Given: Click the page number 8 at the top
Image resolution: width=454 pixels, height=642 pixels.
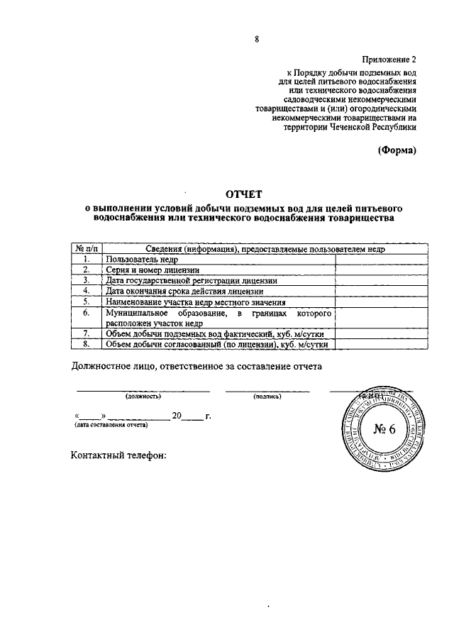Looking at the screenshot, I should (258, 40).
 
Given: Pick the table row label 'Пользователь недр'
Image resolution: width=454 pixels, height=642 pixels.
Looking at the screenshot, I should (142, 260).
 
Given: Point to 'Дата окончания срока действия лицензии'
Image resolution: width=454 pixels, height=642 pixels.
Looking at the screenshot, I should (184, 291).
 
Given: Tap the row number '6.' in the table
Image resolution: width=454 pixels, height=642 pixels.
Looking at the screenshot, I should (85, 312).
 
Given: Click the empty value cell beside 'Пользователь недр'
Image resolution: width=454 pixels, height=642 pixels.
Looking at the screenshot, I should (381, 260).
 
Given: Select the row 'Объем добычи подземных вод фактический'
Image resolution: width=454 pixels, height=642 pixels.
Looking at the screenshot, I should (217, 333).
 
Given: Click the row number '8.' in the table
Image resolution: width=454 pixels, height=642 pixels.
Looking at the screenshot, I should (85, 344).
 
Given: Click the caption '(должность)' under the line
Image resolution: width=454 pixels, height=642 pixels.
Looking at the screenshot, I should (143, 397).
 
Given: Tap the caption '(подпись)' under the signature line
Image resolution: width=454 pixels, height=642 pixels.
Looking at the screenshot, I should (267, 397).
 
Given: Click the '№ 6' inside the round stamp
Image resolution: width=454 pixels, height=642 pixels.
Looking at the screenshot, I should (387, 428).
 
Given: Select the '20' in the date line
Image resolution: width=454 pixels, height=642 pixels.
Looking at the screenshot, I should (177, 416).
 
